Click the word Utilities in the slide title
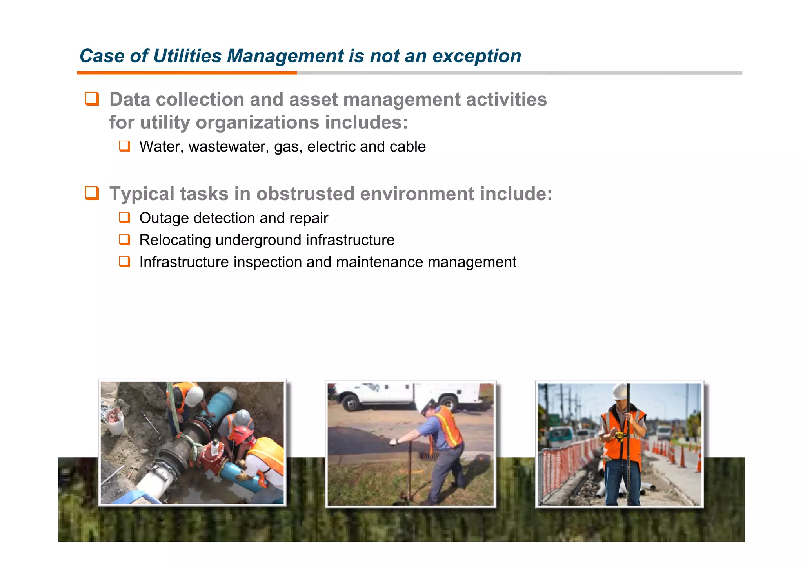187,56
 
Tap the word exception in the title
476,56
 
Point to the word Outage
164,218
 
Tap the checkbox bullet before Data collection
92,99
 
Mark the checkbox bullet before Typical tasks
92,193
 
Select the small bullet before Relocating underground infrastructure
124,239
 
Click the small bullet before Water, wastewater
124,146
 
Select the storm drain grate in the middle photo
429,456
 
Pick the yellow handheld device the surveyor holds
619,435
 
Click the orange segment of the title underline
187,73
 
